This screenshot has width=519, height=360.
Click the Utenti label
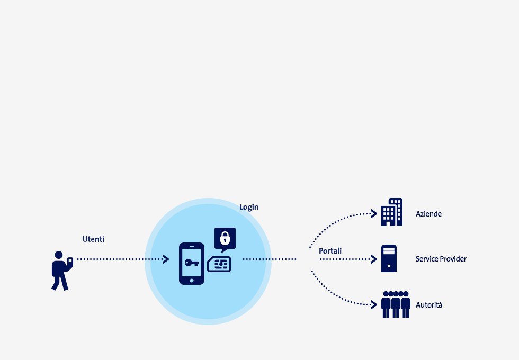93,239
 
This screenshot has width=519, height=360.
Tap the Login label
249,207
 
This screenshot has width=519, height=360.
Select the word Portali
330,251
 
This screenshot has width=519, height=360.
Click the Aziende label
428,214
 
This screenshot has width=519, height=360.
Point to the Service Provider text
441,259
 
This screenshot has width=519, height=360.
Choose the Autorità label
429,305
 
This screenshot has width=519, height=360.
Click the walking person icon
62,271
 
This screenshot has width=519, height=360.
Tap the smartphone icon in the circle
192,264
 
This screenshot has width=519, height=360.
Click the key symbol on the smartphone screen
192,263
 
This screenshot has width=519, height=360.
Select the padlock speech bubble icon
225,239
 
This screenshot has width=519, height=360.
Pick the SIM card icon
219,264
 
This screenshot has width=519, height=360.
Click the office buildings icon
392,212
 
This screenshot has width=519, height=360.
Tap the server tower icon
389,258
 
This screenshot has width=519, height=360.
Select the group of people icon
396,304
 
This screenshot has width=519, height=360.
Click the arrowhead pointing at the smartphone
166,259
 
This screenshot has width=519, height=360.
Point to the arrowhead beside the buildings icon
374,214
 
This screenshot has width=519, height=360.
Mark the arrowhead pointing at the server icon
374,259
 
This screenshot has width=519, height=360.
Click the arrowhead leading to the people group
374,305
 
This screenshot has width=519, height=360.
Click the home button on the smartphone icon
192,281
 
